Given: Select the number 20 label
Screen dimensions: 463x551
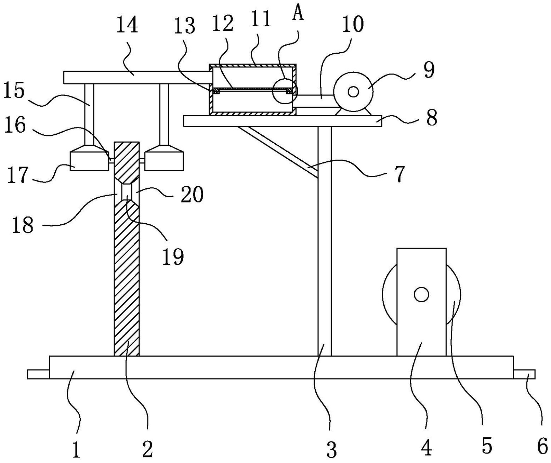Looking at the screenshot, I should (x=192, y=194).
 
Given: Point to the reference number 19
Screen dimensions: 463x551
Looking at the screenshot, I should (x=173, y=257).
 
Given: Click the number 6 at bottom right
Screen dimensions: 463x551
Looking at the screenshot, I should (x=542, y=446).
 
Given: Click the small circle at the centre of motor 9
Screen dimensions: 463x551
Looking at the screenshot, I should (x=353, y=92).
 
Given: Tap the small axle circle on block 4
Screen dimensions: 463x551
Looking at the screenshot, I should (x=421, y=294).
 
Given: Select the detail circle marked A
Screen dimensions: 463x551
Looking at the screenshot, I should (x=285, y=91).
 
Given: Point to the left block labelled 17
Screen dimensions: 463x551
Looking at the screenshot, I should (x=89, y=161).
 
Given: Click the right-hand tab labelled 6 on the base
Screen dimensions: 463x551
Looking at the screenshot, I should (x=524, y=374).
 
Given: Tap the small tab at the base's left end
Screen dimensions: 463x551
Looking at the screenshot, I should (x=38, y=374).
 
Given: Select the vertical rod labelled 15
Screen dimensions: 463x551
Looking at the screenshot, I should (x=89, y=115).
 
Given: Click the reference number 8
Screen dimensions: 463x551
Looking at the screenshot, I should (x=432, y=118).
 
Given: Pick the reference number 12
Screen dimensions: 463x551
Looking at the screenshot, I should (x=223, y=24).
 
